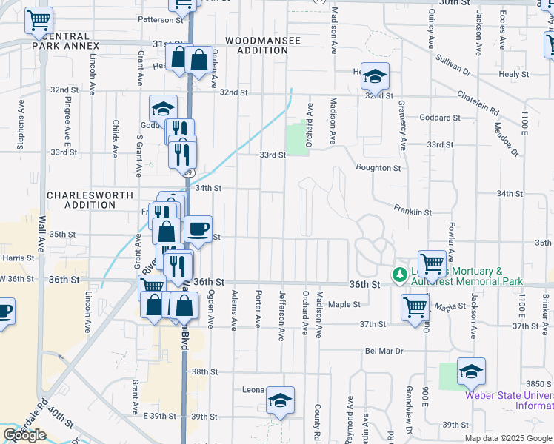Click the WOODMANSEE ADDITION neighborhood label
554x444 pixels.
tap(263, 46)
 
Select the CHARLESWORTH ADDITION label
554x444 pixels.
tap(90, 200)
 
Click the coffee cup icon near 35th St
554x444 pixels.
tap(198, 229)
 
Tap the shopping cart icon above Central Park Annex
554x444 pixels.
tap(39, 20)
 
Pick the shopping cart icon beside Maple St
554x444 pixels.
tap(415, 306)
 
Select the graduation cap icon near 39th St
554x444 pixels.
tap(280, 400)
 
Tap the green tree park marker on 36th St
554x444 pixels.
tap(400, 275)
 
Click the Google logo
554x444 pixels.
tap(24, 435)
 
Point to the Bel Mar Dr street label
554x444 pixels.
tap(383, 351)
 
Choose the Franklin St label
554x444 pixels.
tap(413, 212)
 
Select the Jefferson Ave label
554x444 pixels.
tap(281, 326)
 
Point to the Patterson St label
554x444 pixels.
tap(161, 20)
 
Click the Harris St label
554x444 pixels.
tap(18, 258)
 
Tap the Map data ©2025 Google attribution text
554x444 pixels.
tap(509, 438)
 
